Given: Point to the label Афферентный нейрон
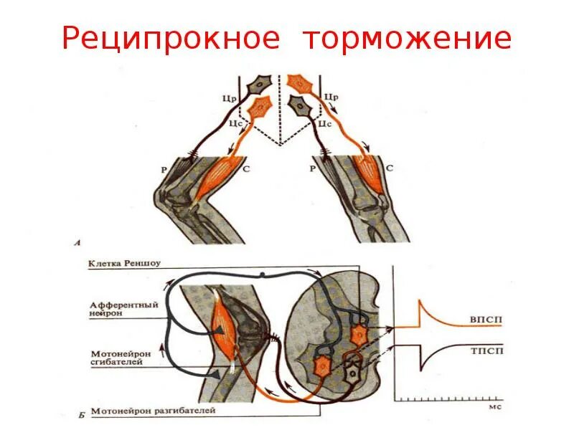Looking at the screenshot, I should [119, 309].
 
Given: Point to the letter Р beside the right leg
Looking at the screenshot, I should [313, 169].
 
